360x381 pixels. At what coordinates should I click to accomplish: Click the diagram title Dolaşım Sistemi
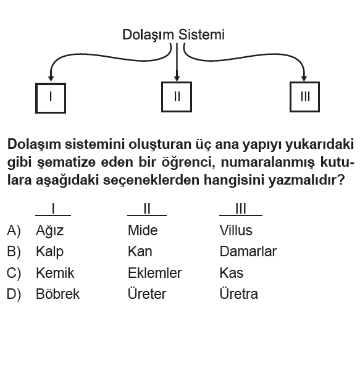[x=173, y=35]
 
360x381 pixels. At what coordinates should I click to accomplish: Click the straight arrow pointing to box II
[x=177, y=62]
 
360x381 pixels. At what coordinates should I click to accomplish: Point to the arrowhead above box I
[x=51, y=78]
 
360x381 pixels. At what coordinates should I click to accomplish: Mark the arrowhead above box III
[x=304, y=78]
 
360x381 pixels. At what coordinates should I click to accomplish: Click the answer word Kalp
[x=49, y=252]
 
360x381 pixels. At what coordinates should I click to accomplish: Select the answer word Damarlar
[x=248, y=251]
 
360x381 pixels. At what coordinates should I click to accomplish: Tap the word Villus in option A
[x=236, y=230]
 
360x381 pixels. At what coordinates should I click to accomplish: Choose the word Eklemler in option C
[x=155, y=273]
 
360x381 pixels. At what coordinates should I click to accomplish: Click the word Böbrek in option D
[x=58, y=293]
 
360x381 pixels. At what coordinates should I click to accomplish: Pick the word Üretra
[x=238, y=293]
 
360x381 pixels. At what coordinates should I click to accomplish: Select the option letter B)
[x=14, y=252]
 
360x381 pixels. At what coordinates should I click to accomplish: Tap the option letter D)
[x=14, y=294]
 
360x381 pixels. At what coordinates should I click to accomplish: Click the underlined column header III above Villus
[x=241, y=209]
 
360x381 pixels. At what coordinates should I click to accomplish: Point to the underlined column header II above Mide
[x=147, y=209]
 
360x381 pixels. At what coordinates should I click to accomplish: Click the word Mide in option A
[x=143, y=230]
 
